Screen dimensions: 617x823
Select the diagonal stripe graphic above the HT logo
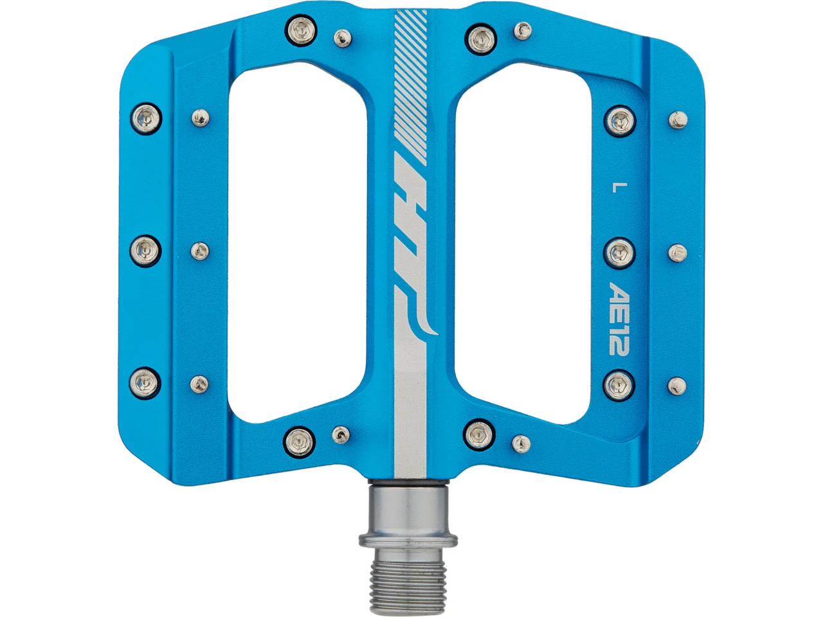click(x=410, y=84)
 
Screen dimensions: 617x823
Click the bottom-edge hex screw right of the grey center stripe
click(x=478, y=431)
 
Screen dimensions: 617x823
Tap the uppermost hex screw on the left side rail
click(x=147, y=118)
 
